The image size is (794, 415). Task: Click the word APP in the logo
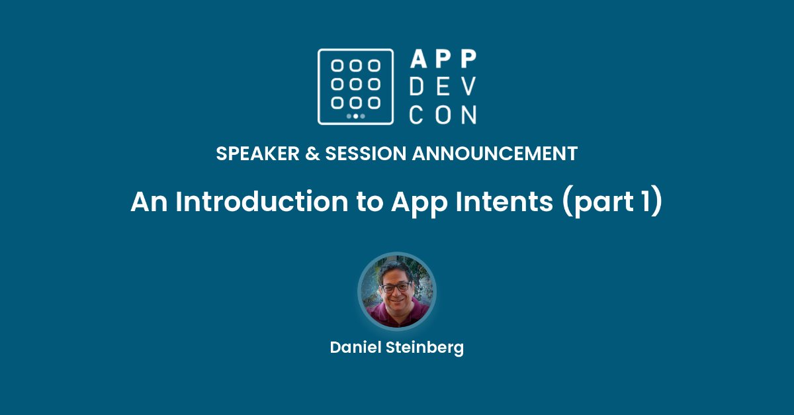443,59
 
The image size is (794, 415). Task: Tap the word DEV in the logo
443,87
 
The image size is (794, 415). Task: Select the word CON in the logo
443,115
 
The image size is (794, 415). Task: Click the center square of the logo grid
356,84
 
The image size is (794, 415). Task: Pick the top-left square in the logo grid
337,66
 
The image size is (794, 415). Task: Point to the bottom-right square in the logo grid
375,103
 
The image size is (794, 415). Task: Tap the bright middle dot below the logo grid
356,116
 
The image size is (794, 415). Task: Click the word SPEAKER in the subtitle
254,154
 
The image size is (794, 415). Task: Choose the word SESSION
363,154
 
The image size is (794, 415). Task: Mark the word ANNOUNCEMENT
495,154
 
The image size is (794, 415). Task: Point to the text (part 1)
611,202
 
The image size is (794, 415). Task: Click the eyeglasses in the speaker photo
396,287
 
